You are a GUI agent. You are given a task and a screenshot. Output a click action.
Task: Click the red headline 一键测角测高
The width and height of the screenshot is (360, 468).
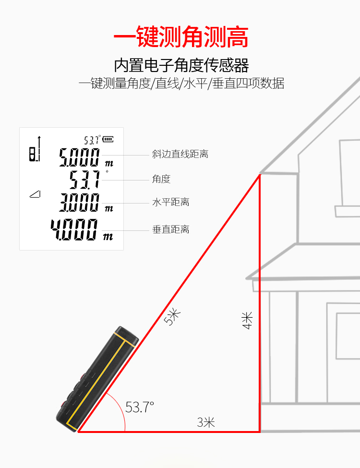point(181,36)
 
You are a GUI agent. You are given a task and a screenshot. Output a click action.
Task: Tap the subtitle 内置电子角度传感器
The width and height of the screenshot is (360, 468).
point(181,65)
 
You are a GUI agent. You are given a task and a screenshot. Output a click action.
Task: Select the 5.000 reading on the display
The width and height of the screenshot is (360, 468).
point(79,157)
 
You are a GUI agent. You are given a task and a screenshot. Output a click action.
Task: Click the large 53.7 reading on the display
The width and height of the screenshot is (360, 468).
point(84,180)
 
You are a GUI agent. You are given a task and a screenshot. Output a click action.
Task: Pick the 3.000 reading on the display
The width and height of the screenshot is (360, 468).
point(79,203)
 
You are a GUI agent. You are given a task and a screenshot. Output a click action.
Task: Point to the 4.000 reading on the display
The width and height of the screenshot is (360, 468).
point(74,229)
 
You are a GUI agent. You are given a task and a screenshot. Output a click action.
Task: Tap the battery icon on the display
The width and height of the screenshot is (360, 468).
point(108,139)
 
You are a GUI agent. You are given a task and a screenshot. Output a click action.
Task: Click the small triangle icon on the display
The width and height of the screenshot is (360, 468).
point(35,194)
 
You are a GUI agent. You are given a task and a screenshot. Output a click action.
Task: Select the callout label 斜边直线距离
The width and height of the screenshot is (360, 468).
point(180,154)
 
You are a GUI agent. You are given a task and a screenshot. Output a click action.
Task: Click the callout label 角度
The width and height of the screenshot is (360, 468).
point(161,179)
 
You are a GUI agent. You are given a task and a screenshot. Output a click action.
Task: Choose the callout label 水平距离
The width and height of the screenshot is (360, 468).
point(171,203)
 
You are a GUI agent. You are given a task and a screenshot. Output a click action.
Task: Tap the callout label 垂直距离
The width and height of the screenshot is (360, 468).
point(171,229)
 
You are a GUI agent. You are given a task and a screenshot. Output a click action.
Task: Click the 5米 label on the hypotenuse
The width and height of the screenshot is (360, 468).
point(172,317)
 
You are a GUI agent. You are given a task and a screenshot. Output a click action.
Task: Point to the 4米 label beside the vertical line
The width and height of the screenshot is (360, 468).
point(248,320)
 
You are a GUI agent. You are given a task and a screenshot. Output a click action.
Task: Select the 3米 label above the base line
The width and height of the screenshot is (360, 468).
point(206,422)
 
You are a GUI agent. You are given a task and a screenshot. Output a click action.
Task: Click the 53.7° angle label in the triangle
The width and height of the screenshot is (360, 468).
point(140,407)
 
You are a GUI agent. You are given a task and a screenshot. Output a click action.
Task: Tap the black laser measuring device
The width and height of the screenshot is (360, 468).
point(97,379)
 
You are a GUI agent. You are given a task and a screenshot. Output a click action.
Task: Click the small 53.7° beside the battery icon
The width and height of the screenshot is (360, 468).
point(92,140)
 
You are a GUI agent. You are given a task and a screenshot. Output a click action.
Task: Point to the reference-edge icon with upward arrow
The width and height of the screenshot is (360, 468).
point(35,149)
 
